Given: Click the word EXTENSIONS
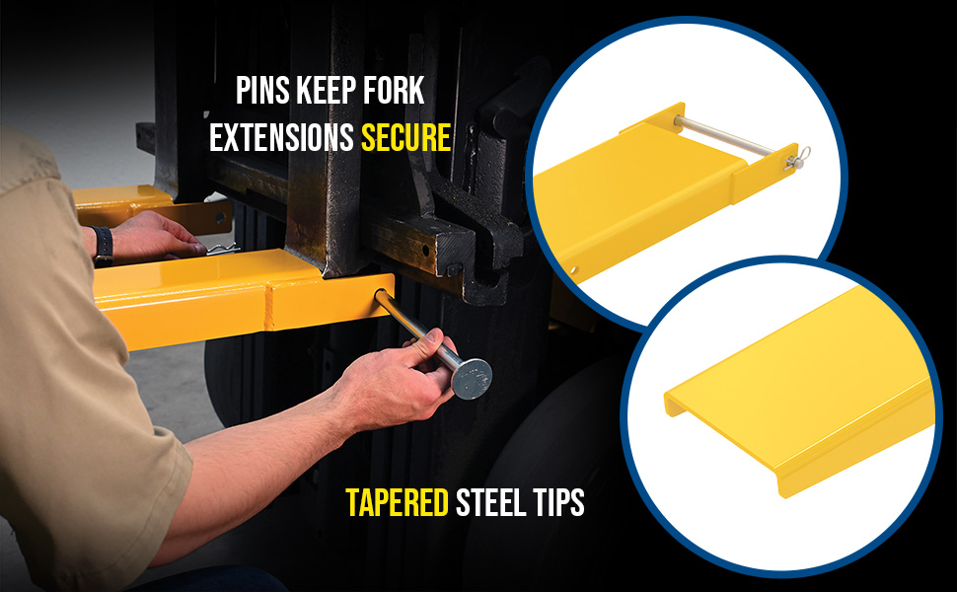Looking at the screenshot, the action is tap(281, 137).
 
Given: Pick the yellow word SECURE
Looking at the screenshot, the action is tap(405, 137).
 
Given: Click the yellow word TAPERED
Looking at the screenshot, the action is tap(397, 502).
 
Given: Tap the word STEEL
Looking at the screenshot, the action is tap(490, 502).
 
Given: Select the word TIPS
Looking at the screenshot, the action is tap(558, 502).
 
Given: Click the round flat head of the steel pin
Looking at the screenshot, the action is tap(472, 379).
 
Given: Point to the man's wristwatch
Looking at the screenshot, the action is tap(103, 246).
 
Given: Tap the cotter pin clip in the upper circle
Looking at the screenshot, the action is tap(799, 159).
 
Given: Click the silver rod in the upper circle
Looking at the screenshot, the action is tap(723, 137).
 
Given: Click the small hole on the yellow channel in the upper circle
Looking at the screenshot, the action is tap(574, 269).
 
